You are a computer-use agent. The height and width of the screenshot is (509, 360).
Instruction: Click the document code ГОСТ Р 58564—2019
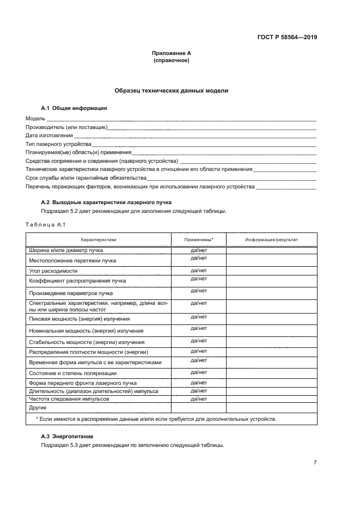(287, 38)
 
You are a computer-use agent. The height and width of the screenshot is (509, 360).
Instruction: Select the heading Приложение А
(171, 53)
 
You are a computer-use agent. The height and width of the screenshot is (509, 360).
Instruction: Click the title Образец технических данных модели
(171, 91)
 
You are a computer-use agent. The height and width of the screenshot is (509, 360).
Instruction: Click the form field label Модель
(35, 119)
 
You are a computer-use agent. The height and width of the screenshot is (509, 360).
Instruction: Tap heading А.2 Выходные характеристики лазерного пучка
(106, 202)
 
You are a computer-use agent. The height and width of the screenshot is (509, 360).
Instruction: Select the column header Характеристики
(98, 240)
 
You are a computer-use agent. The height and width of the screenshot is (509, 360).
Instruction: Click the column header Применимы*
(199, 240)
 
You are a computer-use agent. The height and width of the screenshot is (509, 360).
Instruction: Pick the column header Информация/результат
(271, 240)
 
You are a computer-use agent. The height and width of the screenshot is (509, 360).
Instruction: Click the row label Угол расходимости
(54, 271)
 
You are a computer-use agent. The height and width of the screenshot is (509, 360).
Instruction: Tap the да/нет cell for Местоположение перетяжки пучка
(199, 259)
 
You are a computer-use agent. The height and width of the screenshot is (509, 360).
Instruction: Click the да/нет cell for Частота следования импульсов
(199, 398)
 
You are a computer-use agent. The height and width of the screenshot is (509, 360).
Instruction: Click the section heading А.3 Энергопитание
(67, 437)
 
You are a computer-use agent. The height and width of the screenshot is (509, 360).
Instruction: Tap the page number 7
(315, 462)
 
